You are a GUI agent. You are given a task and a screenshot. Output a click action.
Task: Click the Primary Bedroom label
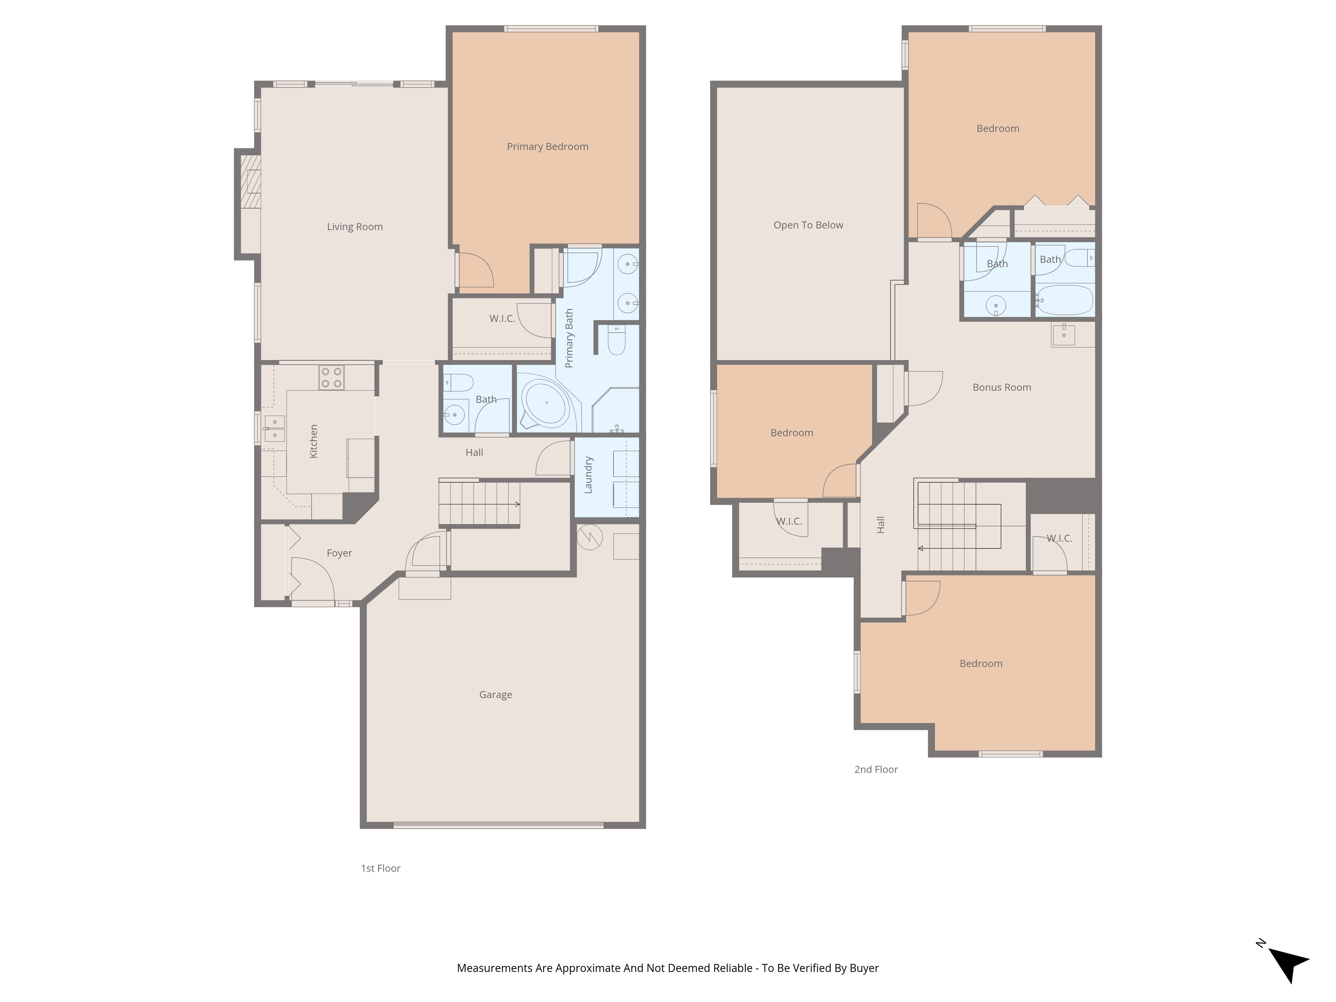pos(547,146)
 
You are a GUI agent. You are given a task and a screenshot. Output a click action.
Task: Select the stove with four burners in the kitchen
pos(332,378)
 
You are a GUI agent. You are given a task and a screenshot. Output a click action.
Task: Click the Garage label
pos(495,695)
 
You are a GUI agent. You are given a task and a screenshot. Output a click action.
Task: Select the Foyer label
pos(339,553)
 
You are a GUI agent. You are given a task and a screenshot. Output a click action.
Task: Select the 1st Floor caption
pos(380,868)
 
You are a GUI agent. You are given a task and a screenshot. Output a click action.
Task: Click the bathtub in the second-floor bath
pos(1065,300)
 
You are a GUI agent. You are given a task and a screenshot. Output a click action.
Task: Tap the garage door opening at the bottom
pos(498,825)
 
